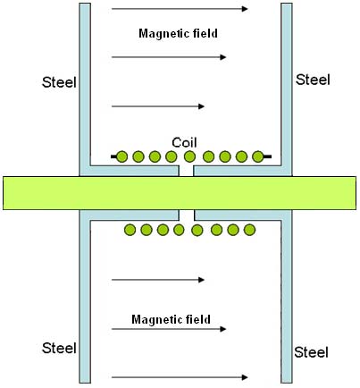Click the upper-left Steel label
tap(59, 82)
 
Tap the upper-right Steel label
tap(313, 80)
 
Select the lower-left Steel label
tap(59, 348)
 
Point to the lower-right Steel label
tap(312, 352)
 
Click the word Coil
tap(184, 142)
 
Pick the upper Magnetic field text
tap(178, 33)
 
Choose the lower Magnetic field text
tap(171, 319)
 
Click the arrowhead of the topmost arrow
tap(245, 9)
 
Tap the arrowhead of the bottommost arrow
tap(245, 377)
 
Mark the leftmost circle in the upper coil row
tap(121, 156)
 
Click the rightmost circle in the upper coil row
tap(258, 156)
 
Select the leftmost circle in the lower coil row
tap(130, 230)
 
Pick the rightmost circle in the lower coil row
tap(249, 230)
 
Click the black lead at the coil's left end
tap(113, 156)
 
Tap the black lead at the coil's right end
tap(267, 156)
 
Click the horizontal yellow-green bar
tap(180, 193)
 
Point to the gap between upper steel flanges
tap(186, 171)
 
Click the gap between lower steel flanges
tap(187, 215)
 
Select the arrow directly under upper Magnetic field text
tap(169, 57)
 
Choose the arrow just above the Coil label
tap(158, 106)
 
